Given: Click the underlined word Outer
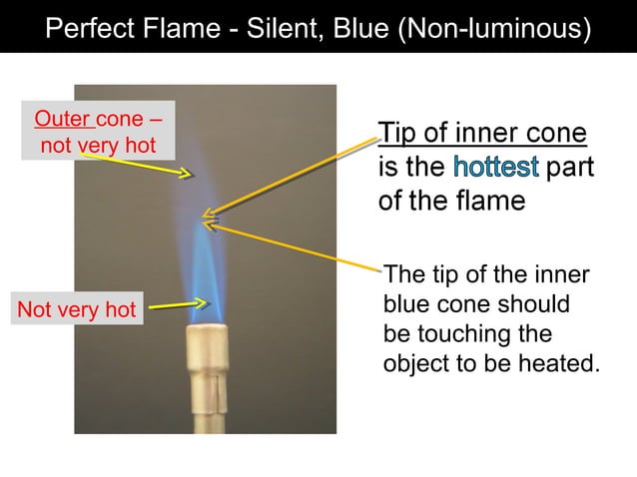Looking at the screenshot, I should (63, 121).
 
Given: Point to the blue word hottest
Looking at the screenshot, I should (496, 167).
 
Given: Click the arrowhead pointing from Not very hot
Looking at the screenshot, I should (203, 302).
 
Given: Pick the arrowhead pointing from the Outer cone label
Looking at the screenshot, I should (186, 174).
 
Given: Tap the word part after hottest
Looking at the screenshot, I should (569, 167).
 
